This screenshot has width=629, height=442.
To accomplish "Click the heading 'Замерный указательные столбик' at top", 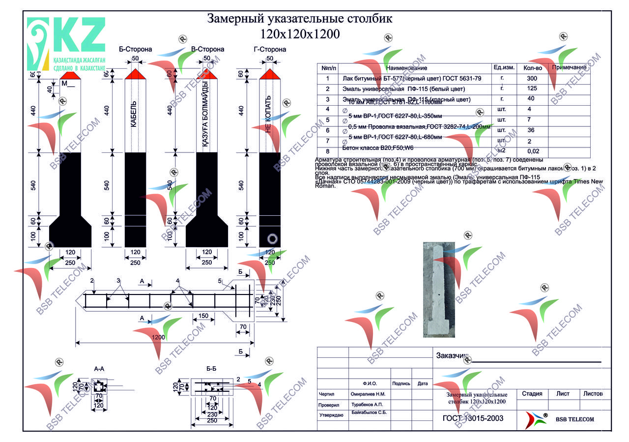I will [300, 19].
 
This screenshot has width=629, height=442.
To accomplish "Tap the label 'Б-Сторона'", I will [136, 49].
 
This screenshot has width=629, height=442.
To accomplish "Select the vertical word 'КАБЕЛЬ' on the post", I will [134, 115].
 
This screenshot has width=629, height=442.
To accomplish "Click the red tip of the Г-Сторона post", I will [269, 74].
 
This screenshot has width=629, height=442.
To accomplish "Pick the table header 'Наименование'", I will [407, 68].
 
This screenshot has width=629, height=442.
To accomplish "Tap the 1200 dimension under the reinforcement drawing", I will [158, 338].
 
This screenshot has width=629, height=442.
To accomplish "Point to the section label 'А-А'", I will [99, 368].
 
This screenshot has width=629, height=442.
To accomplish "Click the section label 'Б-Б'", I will [212, 368].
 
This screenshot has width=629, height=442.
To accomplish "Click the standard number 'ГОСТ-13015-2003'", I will [469, 418].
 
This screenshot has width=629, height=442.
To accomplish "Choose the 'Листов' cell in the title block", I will [595, 394].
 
